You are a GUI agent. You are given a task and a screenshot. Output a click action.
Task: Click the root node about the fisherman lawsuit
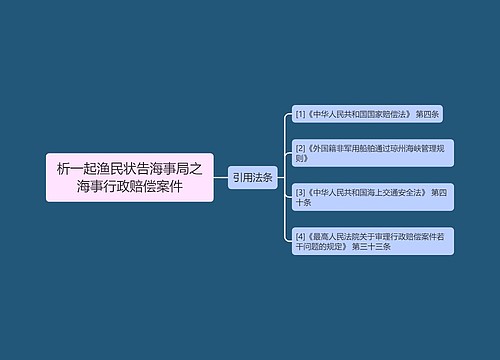[x=129, y=177]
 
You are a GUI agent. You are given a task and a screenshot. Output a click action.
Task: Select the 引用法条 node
[x=252, y=177]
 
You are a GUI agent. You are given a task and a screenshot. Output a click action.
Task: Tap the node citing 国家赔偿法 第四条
[x=366, y=115]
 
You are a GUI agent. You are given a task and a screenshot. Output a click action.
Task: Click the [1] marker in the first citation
[x=299, y=115]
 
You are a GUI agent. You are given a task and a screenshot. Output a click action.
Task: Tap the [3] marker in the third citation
[x=300, y=191]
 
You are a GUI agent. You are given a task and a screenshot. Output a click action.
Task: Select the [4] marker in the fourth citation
[x=300, y=235]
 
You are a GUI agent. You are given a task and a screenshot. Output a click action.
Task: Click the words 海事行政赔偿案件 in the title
[x=129, y=187]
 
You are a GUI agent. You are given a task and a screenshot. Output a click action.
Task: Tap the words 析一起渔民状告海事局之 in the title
[x=129, y=168]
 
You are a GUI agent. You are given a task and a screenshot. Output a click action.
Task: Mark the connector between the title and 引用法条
[x=220, y=177]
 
